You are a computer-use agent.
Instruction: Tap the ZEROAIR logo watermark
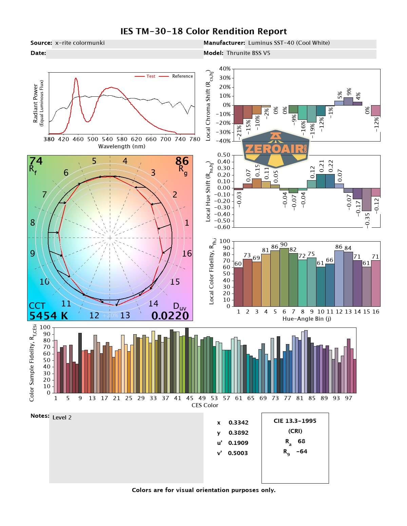[275, 148]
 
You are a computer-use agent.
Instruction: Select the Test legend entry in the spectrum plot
[145, 76]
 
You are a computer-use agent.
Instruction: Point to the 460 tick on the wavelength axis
[78, 139]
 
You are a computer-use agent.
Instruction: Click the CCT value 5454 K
[49, 316]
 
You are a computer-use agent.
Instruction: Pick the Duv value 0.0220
[170, 316]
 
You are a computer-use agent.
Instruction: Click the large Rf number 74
[36, 161]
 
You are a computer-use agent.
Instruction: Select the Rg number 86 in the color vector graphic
[182, 161]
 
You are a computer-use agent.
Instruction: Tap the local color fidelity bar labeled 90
[284, 277]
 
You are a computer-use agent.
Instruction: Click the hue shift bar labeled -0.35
[366, 199]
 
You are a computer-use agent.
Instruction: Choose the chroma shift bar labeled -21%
[238, 114]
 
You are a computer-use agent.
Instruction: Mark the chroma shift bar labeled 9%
[348, 101]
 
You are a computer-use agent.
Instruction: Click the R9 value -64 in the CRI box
[302, 451]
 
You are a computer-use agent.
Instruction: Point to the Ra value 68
[301, 441]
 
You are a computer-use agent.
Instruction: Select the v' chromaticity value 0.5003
[238, 453]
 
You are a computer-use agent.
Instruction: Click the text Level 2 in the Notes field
[62, 417]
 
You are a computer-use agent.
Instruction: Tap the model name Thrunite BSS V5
[248, 53]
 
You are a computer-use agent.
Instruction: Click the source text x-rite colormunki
[80, 43]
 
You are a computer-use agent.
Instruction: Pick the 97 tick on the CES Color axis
[348, 398]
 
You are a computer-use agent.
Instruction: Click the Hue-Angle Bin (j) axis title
[307, 319]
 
